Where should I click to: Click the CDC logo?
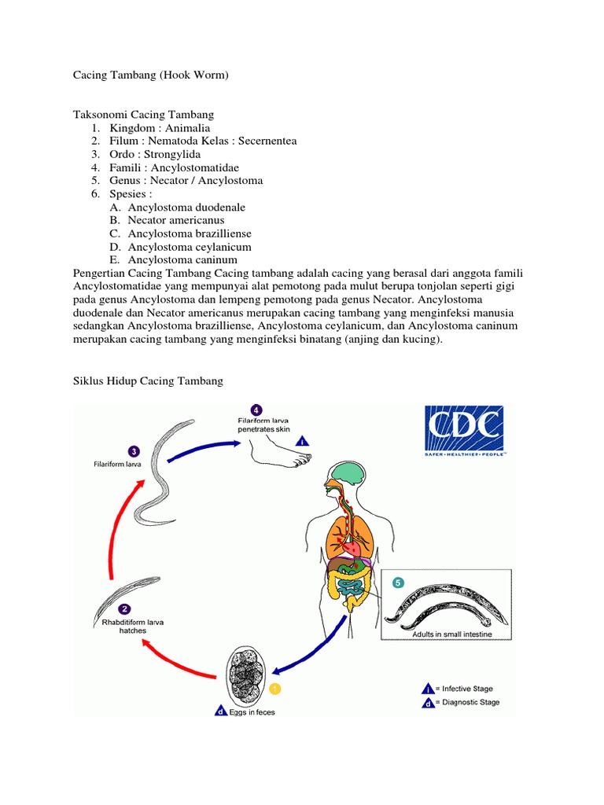(x=464, y=431)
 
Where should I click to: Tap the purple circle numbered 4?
(x=256, y=410)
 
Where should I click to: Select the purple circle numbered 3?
(x=134, y=451)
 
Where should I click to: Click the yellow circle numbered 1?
(x=274, y=689)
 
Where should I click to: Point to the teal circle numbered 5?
(x=398, y=583)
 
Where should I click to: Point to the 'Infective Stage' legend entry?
(x=466, y=688)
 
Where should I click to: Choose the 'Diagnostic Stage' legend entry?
(x=470, y=702)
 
